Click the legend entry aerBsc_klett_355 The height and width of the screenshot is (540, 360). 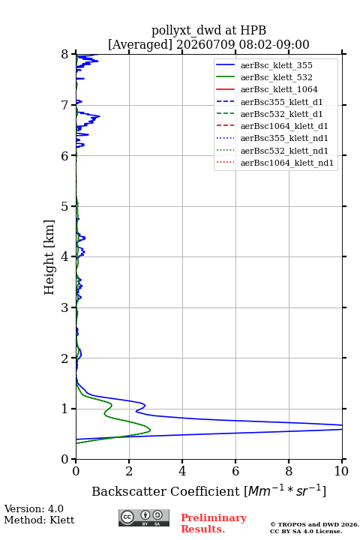pyautogui.click(x=276, y=65)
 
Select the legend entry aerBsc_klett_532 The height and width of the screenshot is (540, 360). pyautogui.click(x=276, y=77)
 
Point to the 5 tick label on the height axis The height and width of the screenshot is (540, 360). pyautogui.click(x=64, y=206)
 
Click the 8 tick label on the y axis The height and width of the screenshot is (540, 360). pyautogui.click(x=64, y=54)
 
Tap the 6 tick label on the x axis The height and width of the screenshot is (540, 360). pyautogui.click(x=235, y=471)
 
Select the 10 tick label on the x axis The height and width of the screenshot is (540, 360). pyautogui.click(x=341, y=471)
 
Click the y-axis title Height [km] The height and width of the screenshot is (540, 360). pyautogui.click(x=49, y=257)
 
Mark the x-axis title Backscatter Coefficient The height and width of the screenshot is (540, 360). pyautogui.click(x=166, y=491)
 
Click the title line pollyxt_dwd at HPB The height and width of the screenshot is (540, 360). pyautogui.click(x=208, y=30)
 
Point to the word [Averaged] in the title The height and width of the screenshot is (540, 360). pyautogui.click(x=140, y=44)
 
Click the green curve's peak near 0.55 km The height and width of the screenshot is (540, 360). pyautogui.click(x=150, y=430)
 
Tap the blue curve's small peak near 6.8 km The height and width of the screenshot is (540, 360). pyautogui.click(x=99, y=116)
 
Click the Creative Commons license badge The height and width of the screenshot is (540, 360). pyautogui.click(x=144, y=517)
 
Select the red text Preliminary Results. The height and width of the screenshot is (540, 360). pyautogui.click(x=214, y=523)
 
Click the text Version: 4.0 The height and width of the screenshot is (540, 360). pyautogui.click(x=34, y=508)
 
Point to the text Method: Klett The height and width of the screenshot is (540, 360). pyautogui.click(x=39, y=520)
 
